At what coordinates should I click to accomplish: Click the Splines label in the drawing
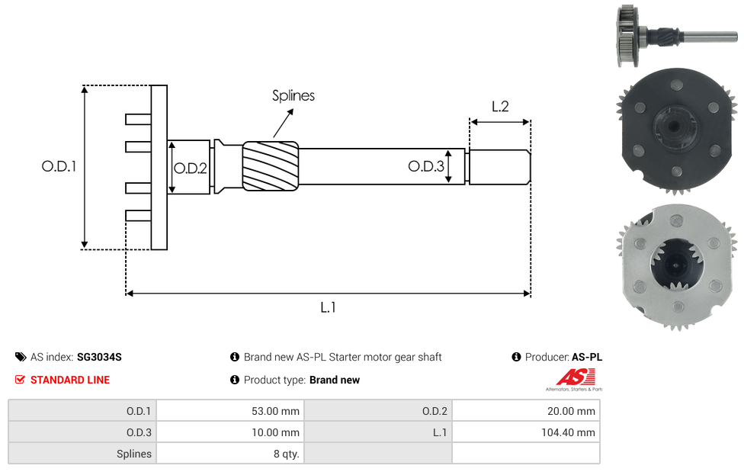(293, 96)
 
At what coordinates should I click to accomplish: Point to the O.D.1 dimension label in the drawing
(59, 166)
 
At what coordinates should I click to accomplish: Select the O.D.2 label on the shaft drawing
(190, 169)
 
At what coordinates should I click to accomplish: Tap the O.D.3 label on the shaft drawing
(425, 166)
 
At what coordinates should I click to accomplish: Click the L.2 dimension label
(500, 107)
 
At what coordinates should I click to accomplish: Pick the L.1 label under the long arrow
(328, 307)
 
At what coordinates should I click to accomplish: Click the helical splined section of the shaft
(271, 165)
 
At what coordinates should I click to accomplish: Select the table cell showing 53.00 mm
(229, 411)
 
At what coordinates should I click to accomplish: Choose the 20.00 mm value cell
(525, 411)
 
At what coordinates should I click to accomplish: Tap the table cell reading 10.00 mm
(229, 432)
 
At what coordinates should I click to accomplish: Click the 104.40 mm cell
(525, 432)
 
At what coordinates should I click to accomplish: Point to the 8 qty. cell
(229, 454)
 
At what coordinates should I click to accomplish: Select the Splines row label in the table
(82, 454)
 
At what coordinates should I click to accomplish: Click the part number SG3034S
(99, 357)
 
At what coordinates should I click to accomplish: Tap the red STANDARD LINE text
(69, 380)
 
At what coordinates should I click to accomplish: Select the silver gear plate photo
(675, 267)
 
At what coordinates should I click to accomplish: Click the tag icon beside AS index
(21, 357)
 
